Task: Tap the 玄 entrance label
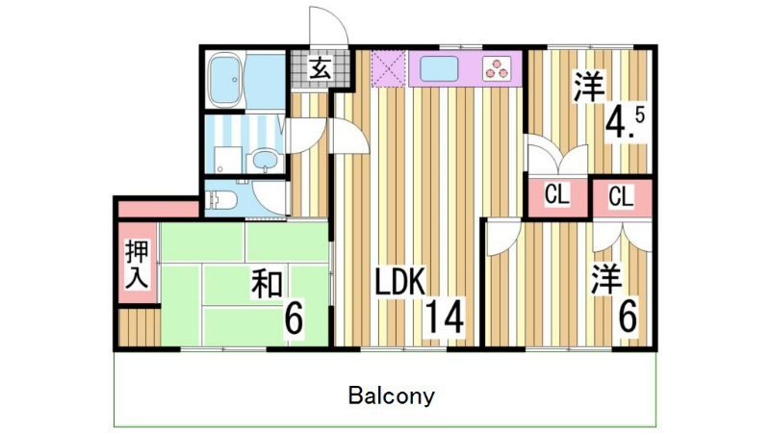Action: pos(319,69)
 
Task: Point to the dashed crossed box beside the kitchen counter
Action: pos(389,68)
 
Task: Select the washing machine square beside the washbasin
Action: pos(226,160)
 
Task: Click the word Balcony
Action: pos(392,395)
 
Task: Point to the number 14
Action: pos(445,317)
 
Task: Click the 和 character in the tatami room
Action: pos(269,284)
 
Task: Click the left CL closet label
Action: pos(557,195)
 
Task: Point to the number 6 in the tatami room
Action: pos(294,318)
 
